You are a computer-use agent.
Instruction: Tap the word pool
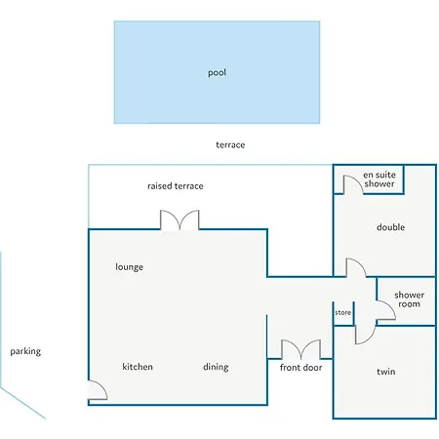coord(217,72)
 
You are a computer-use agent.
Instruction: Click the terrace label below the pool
coord(230,144)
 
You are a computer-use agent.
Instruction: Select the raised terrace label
coord(176,185)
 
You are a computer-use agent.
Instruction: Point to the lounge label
coord(130,266)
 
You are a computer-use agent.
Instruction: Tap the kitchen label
coord(138,367)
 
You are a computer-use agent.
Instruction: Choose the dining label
coord(216,367)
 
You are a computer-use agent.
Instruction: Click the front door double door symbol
coord(300,349)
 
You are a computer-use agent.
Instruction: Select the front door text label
coord(300,368)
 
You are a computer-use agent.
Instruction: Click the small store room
coord(342,313)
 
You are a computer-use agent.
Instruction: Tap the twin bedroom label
coord(386,372)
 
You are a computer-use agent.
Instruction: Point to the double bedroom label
coord(390,227)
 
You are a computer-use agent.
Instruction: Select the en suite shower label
coord(379,179)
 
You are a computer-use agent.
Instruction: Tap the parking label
coord(25,351)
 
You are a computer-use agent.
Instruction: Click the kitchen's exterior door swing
coord(98,390)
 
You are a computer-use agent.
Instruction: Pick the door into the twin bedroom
coord(363,332)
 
